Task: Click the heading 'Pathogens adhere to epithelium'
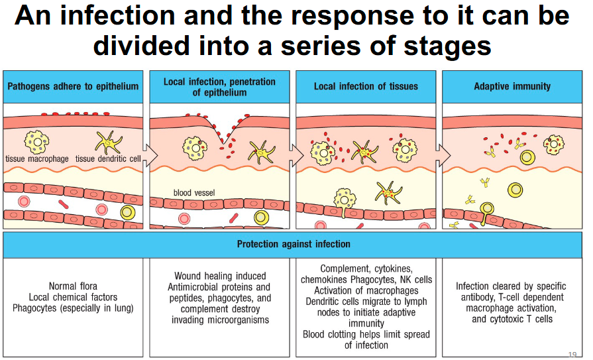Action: click(x=73, y=86)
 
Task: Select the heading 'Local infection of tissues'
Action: click(x=366, y=86)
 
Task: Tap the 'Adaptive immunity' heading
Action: click(x=512, y=86)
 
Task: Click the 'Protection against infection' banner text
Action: click(x=294, y=244)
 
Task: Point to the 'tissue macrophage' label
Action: click(x=36, y=158)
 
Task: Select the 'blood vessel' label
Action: click(x=194, y=193)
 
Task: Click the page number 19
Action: click(x=573, y=353)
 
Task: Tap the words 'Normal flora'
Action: click(x=73, y=286)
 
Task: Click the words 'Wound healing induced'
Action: click(x=220, y=276)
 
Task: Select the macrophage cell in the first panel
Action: click(x=36, y=141)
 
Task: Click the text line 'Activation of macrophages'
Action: click(x=366, y=290)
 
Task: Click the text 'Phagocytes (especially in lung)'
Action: click(x=73, y=308)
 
